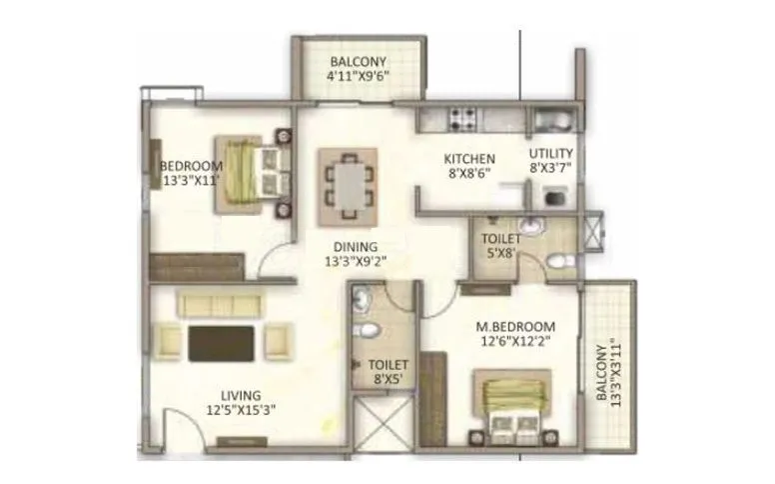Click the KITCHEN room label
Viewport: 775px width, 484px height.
469,159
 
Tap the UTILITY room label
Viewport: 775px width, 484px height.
550,154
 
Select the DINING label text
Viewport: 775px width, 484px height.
356,247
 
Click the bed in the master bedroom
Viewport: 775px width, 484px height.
511,408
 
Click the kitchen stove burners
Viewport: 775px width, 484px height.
462,119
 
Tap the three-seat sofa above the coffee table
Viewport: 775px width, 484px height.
219,303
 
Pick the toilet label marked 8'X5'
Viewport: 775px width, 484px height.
385,373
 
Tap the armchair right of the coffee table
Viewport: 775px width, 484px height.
278,342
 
